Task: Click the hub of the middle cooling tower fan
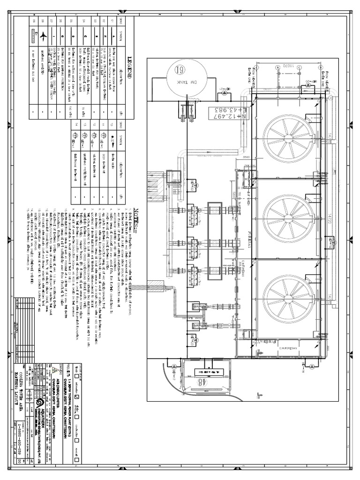point(289,219)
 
